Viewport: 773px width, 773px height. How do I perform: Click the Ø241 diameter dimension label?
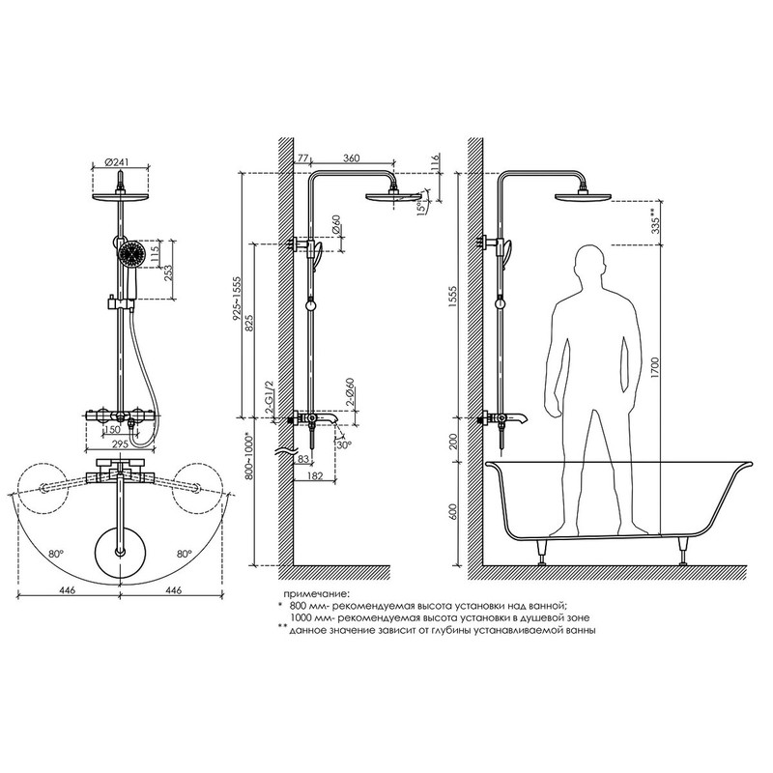[116, 161]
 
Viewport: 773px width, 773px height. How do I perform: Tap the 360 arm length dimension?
[351, 158]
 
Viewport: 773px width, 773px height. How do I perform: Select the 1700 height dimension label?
[655, 367]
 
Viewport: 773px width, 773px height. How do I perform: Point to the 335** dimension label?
[655, 221]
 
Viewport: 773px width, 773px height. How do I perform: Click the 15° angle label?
[420, 206]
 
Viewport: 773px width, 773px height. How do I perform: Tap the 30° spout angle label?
[345, 444]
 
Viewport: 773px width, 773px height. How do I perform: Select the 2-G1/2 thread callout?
[270, 397]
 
